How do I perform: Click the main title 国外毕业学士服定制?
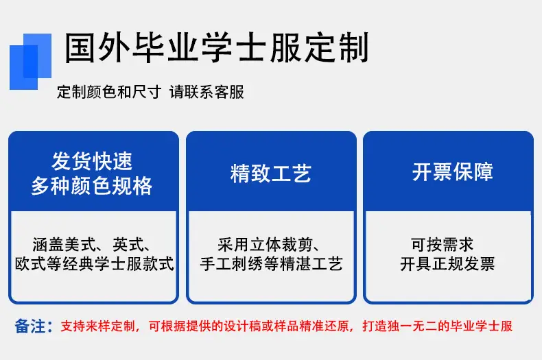217,48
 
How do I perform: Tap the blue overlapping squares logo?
30,62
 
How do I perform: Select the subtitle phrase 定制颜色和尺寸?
109,92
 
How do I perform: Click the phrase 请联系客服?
207,92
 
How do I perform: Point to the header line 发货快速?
92,161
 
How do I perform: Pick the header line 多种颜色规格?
92,186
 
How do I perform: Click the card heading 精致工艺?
271,173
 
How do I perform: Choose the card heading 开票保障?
453,171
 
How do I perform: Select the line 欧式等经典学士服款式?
94,264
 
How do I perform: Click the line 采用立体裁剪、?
269,245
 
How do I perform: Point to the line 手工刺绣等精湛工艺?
271,264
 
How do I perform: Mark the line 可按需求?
442,245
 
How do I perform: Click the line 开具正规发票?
447,264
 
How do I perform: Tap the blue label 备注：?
34,326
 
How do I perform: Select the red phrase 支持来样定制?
98,326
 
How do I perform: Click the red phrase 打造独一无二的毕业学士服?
437,326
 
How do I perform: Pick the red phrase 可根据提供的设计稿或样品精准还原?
249,326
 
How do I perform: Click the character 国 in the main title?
80,48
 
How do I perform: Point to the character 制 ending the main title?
354,48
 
